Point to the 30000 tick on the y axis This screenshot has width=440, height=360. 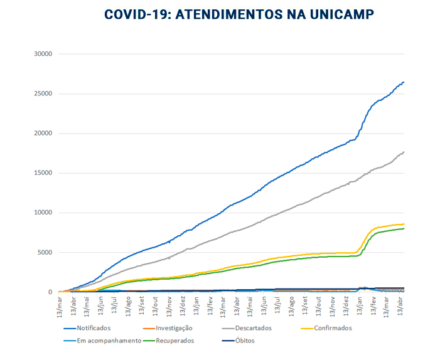point(41,54)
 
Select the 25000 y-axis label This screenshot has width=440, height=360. point(41,93)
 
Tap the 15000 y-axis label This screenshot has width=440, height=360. point(41,173)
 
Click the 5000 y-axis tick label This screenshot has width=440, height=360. point(43,253)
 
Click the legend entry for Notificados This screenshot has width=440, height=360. point(94,328)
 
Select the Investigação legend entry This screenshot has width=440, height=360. point(165,328)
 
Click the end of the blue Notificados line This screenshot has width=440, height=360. point(404,82)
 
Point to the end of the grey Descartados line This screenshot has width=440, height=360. point(404,152)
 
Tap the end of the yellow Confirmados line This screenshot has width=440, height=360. point(404,224)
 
